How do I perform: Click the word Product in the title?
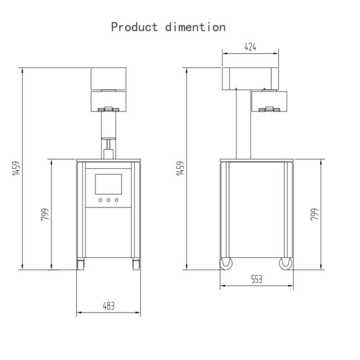point(135,27)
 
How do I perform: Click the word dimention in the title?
point(196,27)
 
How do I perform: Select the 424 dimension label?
point(250,47)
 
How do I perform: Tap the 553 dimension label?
point(256,279)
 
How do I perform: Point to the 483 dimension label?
point(109,306)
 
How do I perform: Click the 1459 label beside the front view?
point(16,168)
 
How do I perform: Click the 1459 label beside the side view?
point(181,168)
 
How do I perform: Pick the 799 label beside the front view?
point(45,214)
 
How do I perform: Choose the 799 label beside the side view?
point(315,214)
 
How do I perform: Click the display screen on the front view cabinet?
point(109,184)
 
